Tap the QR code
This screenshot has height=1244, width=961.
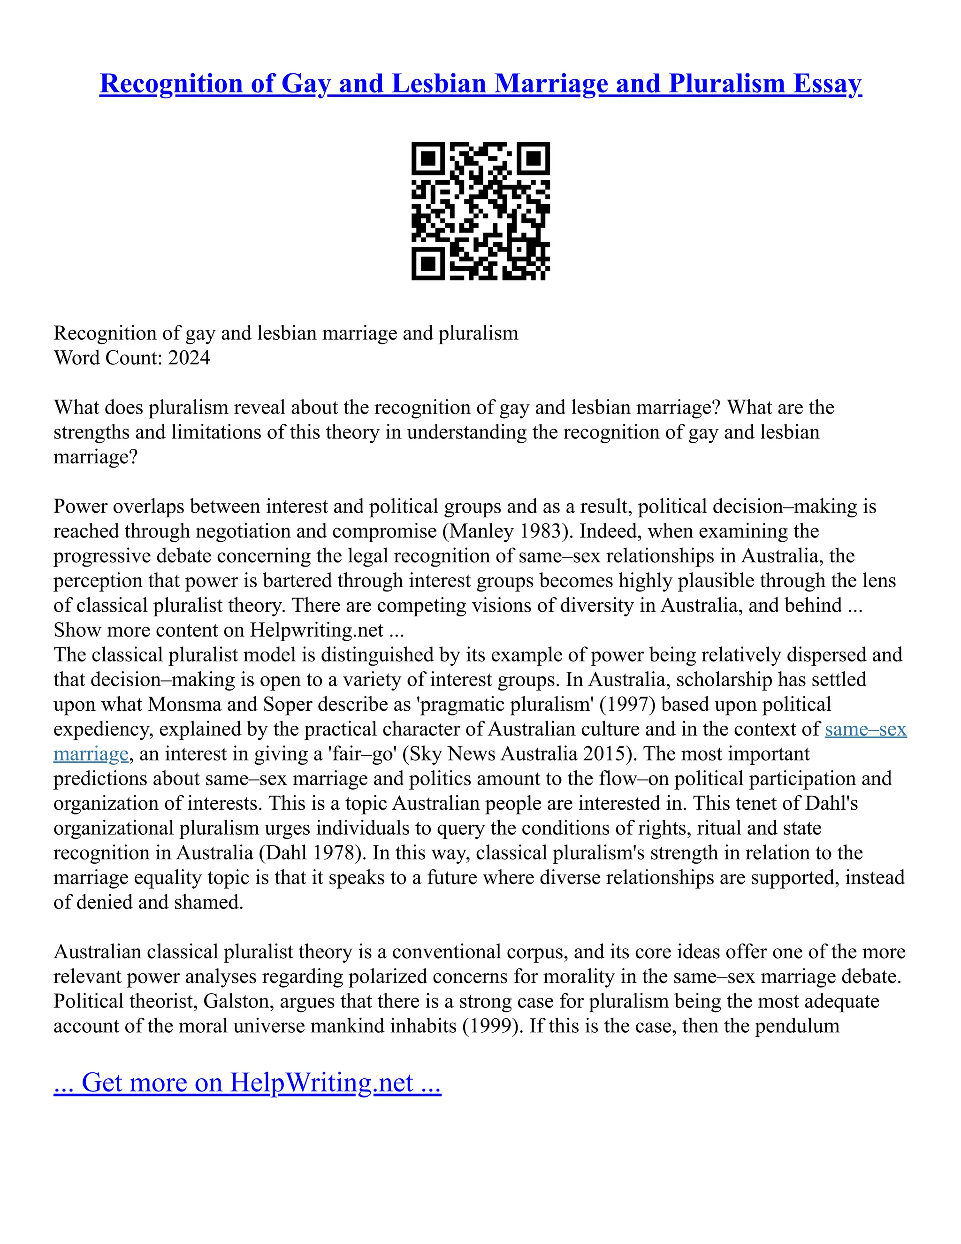480,211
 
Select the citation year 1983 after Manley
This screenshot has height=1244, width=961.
537,531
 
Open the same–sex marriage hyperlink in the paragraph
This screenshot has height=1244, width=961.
865,729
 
